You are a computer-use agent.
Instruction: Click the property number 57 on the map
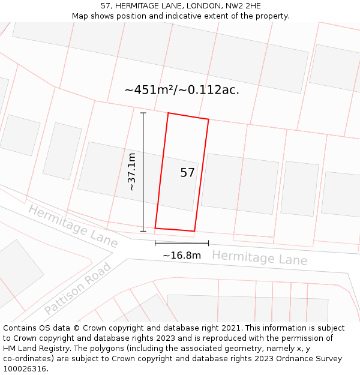pos(187,173)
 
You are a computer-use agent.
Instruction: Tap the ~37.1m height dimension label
pos(132,172)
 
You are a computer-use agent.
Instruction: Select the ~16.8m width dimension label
pos(182,256)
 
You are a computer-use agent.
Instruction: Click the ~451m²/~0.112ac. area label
pos(182,90)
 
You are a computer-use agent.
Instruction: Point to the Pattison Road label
pos(78,289)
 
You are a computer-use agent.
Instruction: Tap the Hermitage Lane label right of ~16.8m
pos(259,258)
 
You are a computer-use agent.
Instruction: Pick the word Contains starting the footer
pos(19,328)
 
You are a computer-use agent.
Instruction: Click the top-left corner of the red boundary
pos(168,113)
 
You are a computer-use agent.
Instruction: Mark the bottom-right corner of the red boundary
pos(194,231)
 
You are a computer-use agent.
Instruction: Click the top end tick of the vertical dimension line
pos(143,113)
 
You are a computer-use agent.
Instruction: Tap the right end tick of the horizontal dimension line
pos(208,243)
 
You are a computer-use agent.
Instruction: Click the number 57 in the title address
pos(106,6)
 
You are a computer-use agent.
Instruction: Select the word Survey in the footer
pos(328,359)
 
